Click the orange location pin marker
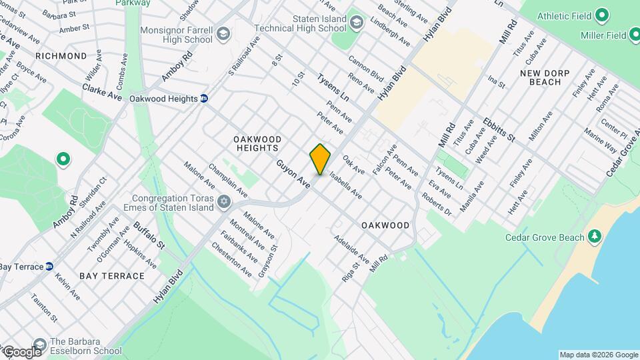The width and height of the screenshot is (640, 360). pyautogui.click(x=320, y=159)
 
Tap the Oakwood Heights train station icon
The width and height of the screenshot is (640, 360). pyautogui.click(x=205, y=99)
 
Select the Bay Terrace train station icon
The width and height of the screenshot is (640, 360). pyautogui.click(x=49, y=267)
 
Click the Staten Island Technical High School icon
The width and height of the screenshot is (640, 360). pyautogui.click(x=357, y=23)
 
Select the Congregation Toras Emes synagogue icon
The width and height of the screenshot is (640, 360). pyautogui.click(x=224, y=201)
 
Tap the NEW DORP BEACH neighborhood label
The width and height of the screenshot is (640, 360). pyautogui.click(x=545, y=76)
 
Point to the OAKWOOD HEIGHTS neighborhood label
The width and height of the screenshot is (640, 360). pyautogui.click(x=257, y=143)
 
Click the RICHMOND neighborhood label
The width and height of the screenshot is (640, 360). pyautogui.click(x=61, y=56)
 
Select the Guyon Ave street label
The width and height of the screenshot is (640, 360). pyautogui.click(x=294, y=173)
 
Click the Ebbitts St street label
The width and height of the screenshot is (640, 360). pyautogui.click(x=500, y=129)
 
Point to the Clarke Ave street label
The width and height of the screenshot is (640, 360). pyautogui.click(x=102, y=92)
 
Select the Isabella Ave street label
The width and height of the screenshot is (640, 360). pyautogui.click(x=345, y=186)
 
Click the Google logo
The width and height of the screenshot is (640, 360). pyautogui.click(x=22, y=351)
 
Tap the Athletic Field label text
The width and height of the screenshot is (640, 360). pyautogui.click(x=564, y=15)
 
